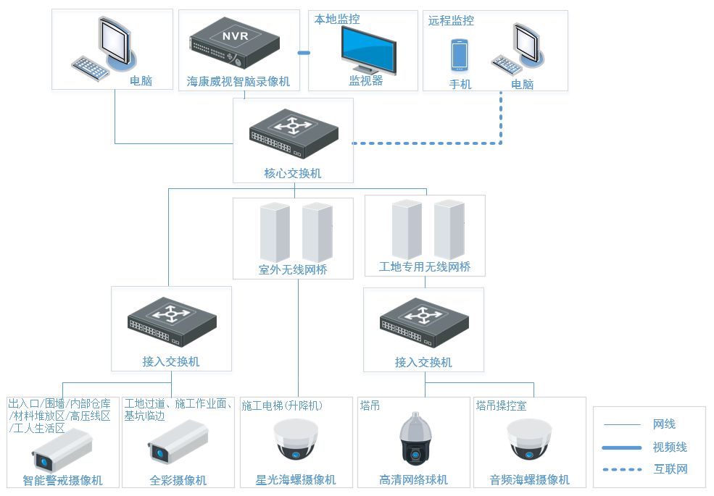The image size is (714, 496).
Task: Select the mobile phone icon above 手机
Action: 459,55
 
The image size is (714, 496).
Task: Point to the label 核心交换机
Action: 293,174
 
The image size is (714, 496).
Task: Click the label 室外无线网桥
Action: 293,270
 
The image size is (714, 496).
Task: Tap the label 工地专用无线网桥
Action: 425,267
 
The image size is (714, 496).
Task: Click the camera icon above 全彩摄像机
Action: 178,442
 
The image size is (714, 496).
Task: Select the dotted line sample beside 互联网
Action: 622,469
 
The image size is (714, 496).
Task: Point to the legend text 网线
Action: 664,424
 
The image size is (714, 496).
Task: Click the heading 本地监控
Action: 336,20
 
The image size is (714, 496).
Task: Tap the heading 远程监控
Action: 451,20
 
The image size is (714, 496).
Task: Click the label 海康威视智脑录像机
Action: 238,82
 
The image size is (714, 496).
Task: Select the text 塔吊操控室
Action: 502,406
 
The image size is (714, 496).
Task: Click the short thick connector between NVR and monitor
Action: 304,53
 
